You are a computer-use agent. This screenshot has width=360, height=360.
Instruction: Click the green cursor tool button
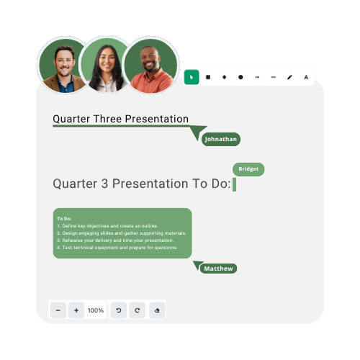pyautogui.click(x=192, y=77)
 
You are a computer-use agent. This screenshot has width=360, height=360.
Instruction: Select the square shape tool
pyautogui.click(x=208, y=77)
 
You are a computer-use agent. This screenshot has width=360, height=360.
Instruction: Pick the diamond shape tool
pyautogui.click(x=225, y=77)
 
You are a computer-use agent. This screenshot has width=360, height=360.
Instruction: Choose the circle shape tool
pyautogui.click(x=240, y=77)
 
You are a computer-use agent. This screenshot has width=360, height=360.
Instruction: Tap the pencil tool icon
pyautogui.click(x=289, y=77)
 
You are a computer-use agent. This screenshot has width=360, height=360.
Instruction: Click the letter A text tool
pyautogui.click(x=306, y=77)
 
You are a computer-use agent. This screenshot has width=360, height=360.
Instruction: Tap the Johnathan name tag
pyautogui.click(x=221, y=139)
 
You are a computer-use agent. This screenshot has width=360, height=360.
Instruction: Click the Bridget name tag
pyautogui.click(x=248, y=169)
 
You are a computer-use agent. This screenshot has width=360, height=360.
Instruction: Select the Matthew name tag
pyautogui.click(x=218, y=269)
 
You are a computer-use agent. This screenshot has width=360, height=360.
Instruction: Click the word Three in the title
pyautogui.click(x=108, y=119)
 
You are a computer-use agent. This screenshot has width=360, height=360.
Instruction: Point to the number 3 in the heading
pyautogui.click(x=104, y=184)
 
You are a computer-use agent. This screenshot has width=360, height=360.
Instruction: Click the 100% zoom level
pyautogui.click(x=96, y=310)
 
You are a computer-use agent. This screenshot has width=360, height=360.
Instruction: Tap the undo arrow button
pyautogui.click(x=119, y=310)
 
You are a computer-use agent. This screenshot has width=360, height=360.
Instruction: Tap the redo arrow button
pyautogui.click(x=138, y=310)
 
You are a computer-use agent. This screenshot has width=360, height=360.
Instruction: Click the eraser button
pyautogui.click(x=157, y=310)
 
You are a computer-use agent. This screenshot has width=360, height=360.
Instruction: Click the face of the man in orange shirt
pyautogui.click(x=150, y=60)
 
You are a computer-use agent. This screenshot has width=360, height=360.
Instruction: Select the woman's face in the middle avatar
pyautogui.click(x=107, y=60)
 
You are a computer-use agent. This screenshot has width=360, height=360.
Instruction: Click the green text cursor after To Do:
pyautogui.click(x=235, y=184)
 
